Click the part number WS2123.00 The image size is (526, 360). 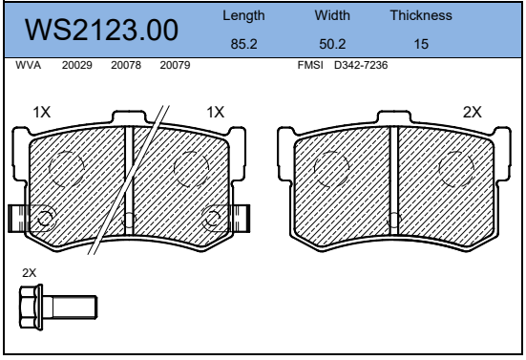pyautogui.click(x=101, y=30)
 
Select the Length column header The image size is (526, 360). pyautogui.click(x=243, y=16)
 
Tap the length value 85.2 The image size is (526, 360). pyautogui.click(x=243, y=44)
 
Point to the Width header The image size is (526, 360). pyautogui.click(x=332, y=15)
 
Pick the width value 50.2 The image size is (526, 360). pyautogui.click(x=332, y=44)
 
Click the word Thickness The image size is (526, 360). pyautogui.click(x=421, y=15)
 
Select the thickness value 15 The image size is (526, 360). pyautogui.click(x=421, y=44)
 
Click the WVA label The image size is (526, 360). pyautogui.click(x=29, y=65)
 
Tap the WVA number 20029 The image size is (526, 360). pyautogui.click(x=76, y=65)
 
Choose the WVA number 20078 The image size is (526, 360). pyautogui.click(x=126, y=65)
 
